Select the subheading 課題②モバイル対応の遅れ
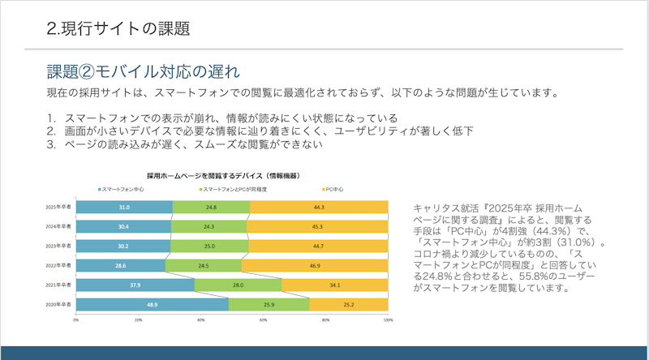pos(141,70)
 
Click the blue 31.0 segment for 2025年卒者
pos(123,208)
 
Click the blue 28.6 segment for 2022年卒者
pos(120,265)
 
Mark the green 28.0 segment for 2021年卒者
pos(238,285)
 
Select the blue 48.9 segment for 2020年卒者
pos(152,304)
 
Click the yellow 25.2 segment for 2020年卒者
pos(349,304)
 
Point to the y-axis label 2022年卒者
pos(58,265)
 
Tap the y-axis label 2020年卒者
pos(58,304)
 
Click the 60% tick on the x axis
pos(264,320)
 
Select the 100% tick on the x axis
pos(388,320)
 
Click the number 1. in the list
pos(50,118)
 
